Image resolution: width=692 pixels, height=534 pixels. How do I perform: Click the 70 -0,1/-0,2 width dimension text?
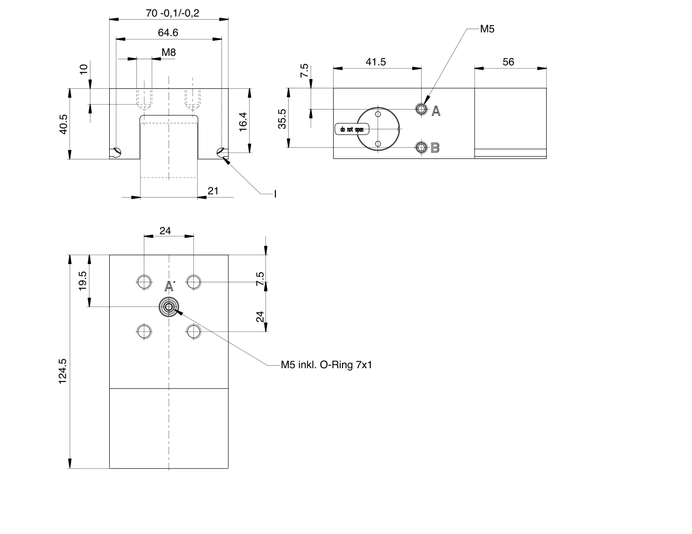pos(173,13)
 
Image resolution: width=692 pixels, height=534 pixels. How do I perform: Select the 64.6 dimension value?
pos(168,33)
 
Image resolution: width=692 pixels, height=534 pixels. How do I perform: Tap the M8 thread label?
pos(169,52)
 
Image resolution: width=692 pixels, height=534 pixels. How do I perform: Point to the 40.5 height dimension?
pos(64,124)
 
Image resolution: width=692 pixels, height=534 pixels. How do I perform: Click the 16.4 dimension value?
pos(243,122)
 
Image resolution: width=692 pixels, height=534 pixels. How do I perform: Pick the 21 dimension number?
pos(213,191)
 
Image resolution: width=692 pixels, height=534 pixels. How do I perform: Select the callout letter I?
pos(275,194)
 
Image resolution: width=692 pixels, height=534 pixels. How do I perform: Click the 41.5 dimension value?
pos(376,62)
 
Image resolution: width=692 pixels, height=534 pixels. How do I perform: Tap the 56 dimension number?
pos(508,62)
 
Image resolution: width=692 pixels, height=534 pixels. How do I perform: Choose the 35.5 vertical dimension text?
pos(282,119)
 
